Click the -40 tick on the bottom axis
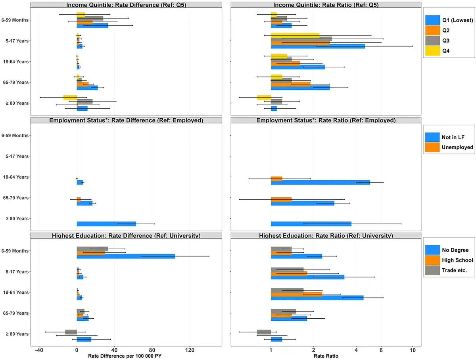pos(39,350)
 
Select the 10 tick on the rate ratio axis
pos(413,350)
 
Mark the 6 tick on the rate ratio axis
pos(381,350)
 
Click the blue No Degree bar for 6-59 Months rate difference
pos(126,256)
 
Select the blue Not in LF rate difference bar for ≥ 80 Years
pos(106,224)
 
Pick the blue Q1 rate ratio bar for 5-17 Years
pos(317,46)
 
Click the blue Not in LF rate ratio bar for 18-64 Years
pos(320,183)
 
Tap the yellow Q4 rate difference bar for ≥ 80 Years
pos(70,98)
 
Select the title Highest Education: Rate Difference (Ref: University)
pos(126,236)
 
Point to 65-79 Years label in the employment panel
pos(15,198)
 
